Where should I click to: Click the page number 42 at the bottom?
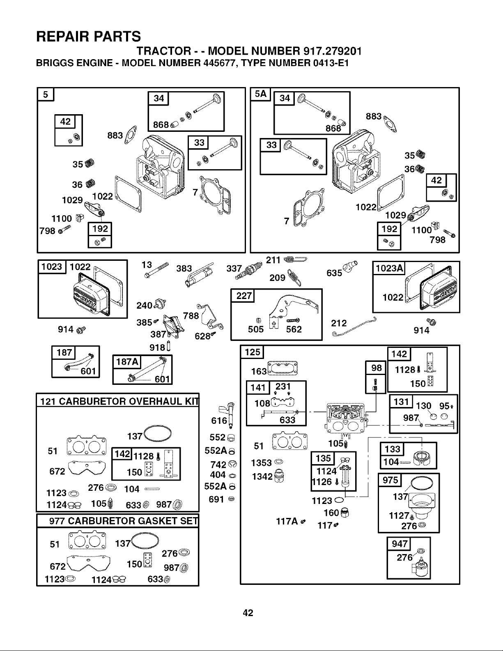pos(248,613)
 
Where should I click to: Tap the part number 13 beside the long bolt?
pos(147,265)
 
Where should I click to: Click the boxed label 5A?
pos(260,94)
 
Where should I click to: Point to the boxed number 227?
pos(244,296)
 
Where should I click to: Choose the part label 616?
pos(219,421)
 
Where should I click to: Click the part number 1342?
pos(262,476)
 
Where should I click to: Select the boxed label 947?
pos(400,543)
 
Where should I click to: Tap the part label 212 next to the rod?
pos(339,323)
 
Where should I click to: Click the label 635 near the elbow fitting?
pos(334,273)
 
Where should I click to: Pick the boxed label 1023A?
pos(390,268)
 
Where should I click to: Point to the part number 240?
pos(145,305)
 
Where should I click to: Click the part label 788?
pos(191,315)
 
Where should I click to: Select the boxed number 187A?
pos(127,361)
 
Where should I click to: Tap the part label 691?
pos(216,499)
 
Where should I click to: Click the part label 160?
pos(331,513)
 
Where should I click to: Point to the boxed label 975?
pos(390,480)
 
